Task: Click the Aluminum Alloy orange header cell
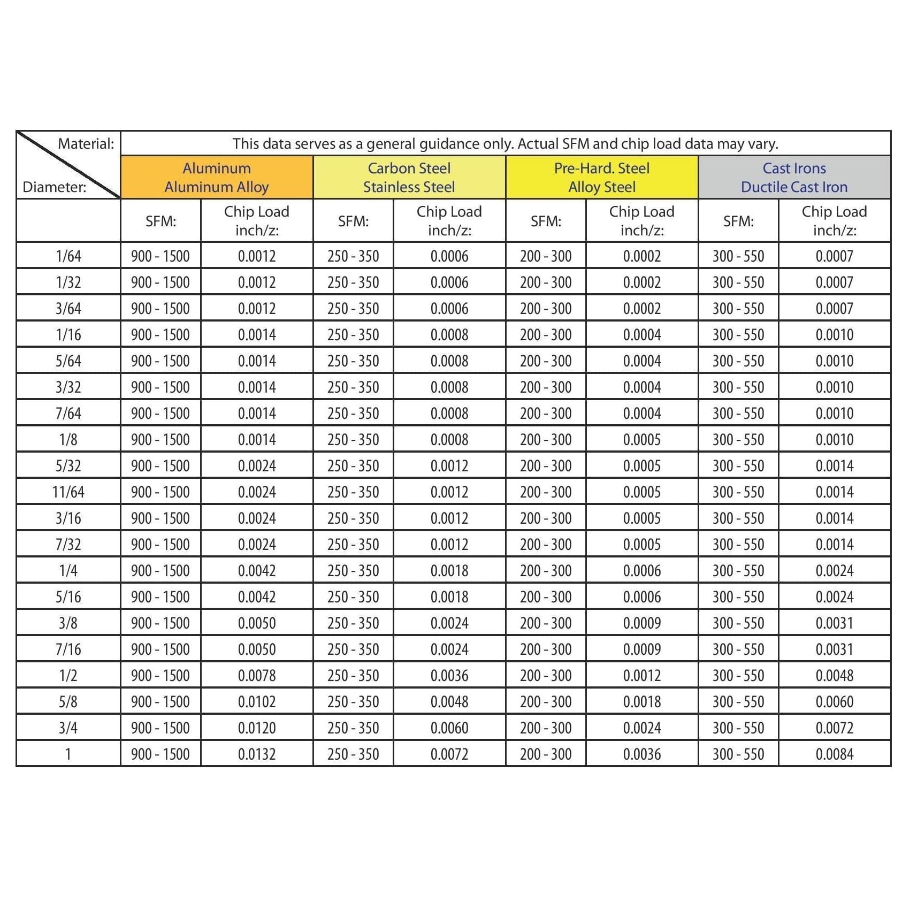[217, 178]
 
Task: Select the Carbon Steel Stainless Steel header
[409, 178]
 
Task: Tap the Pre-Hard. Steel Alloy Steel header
[602, 178]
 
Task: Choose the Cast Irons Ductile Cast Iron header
[794, 178]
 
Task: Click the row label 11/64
[68, 492]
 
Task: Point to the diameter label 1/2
[68, 676]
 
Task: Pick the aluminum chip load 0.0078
[257, 676]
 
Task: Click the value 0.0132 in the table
[257, 754]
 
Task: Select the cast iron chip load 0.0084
[835, 754]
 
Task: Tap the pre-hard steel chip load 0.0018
[642, 702]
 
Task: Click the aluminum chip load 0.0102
[257, 702]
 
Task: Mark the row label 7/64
[68, 414]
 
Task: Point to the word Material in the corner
[86, 144]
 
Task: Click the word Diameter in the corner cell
[54, 187]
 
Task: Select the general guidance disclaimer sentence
[506, 144]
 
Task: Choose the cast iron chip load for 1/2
[835, 676]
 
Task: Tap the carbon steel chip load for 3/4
[449, 728]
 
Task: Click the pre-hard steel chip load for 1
[642, 754]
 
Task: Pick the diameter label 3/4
[68, 728]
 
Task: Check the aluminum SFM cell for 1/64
[160, 256]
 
